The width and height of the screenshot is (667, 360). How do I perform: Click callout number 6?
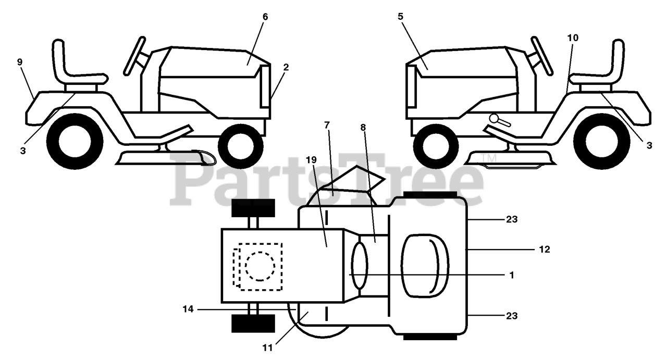265,17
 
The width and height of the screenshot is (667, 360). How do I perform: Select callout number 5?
400,17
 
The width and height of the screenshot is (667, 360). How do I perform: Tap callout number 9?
20,62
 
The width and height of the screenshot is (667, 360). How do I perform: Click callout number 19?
311,160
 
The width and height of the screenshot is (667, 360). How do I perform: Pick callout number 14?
188,309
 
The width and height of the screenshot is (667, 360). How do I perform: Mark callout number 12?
545,250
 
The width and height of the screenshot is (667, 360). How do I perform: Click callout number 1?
512,275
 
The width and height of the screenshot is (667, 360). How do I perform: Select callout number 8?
363,127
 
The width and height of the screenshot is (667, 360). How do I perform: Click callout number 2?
286,67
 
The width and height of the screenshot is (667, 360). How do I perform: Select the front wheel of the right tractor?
432,143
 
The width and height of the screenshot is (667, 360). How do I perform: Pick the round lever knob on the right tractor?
493,119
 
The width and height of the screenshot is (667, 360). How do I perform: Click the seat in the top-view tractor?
425,266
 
